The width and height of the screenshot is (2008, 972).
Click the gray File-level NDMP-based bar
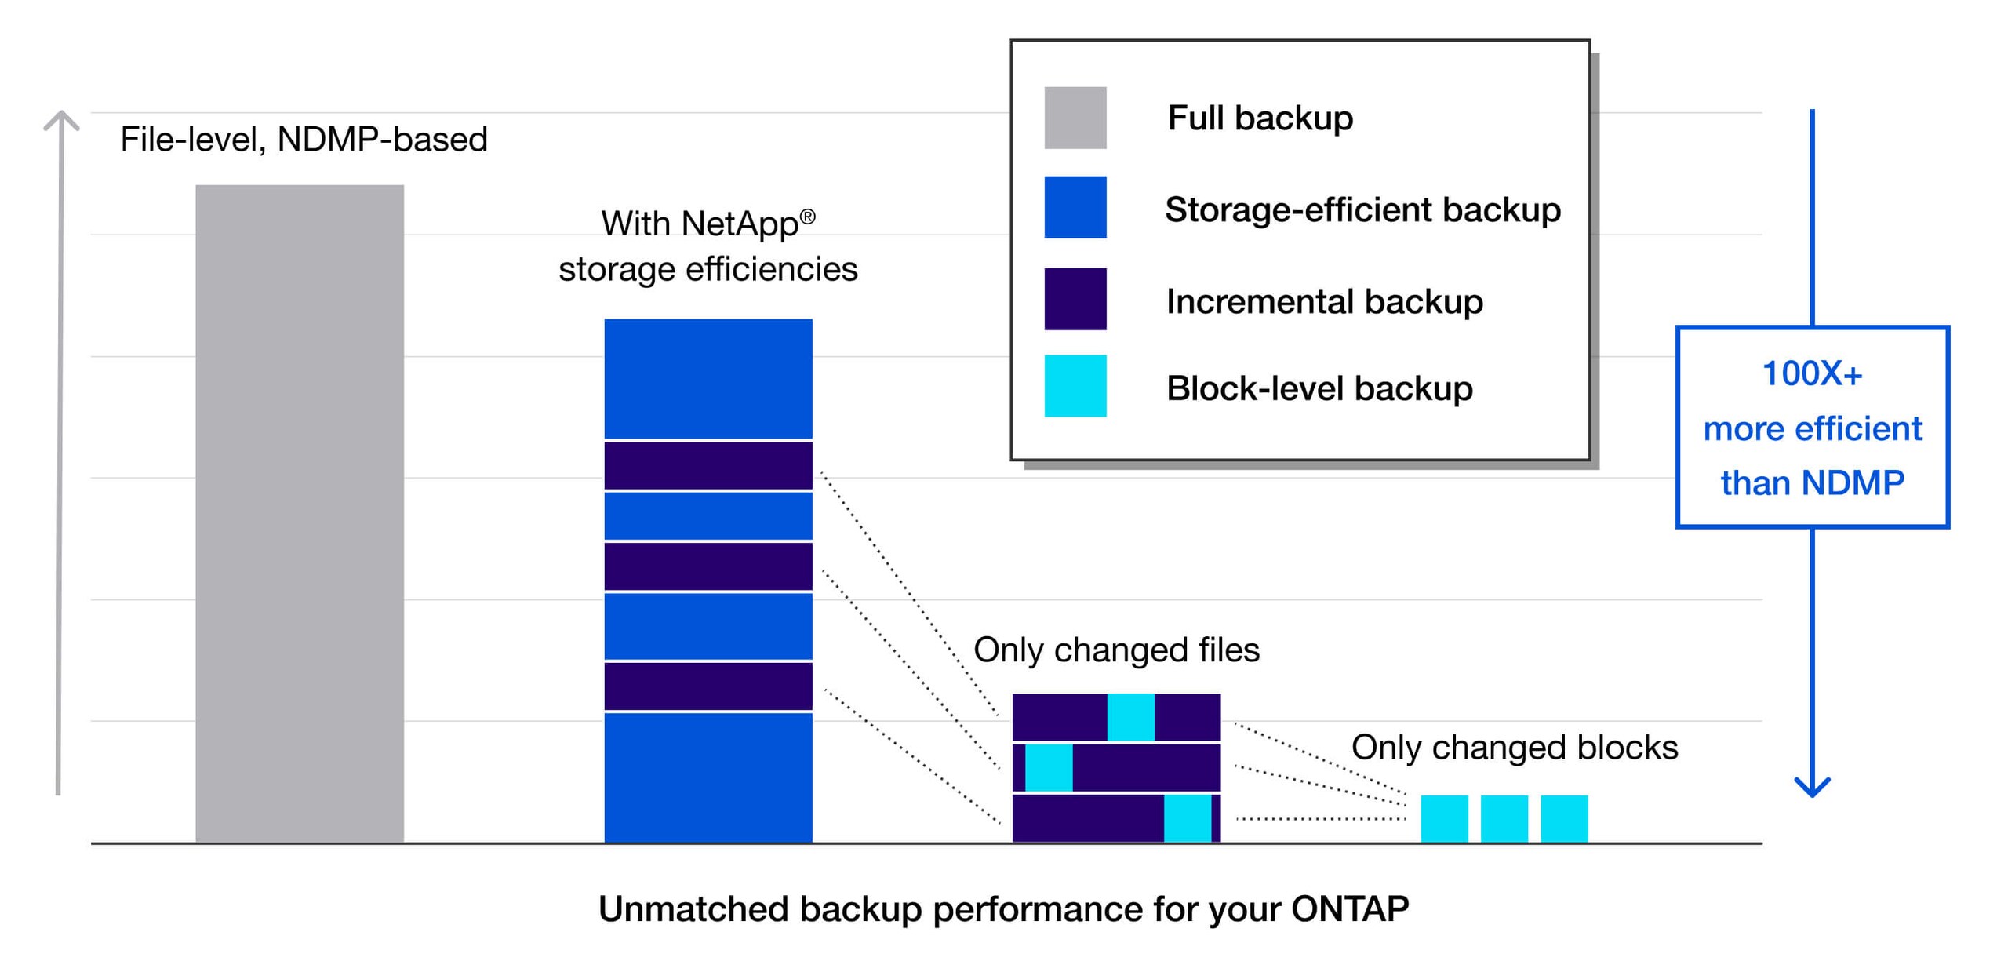click(300, 513)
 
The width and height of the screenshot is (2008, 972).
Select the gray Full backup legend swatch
click(1075, 118)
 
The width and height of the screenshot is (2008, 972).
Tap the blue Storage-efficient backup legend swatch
click(1075, 207)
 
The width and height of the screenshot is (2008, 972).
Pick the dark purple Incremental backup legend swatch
click(1075, 299)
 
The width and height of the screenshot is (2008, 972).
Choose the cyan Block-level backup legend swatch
click(1075, 386)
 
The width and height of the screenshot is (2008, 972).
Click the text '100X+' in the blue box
click(1812, 373)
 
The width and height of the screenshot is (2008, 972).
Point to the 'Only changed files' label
click(1116, 650)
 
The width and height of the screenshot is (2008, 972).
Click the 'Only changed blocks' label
click(1514, 747)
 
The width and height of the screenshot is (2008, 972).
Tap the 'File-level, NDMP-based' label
click(304, 140)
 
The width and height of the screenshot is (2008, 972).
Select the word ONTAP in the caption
click(1349, 909)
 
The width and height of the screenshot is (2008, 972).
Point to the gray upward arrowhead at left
click(60, 120)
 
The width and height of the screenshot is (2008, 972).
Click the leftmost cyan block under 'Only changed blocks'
click(1444, 818)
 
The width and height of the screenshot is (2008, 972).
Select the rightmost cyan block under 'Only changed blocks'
click(1564, 818)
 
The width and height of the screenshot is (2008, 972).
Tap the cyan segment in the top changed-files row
click(1130, 716)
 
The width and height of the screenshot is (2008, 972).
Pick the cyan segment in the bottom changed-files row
click(1187, 817)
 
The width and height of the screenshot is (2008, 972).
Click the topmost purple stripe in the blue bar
click(708, 465)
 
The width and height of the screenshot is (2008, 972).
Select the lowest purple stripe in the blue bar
click(708, 686)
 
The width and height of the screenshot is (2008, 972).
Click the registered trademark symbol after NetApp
click(807, 216)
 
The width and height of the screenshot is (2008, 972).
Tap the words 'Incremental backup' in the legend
click(1324, 301)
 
